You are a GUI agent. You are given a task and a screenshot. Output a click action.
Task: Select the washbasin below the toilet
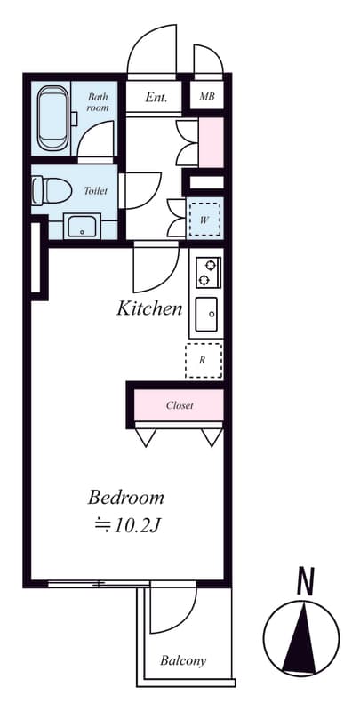82,227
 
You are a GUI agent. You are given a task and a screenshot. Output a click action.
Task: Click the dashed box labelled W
204,219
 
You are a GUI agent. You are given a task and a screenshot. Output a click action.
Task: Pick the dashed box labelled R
203,360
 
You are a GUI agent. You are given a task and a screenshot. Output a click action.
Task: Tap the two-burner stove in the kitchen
207,272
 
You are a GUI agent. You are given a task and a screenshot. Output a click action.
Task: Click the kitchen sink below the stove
207,313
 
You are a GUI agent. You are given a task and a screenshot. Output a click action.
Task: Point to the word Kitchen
149,309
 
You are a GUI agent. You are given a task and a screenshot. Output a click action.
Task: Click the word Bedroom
125,497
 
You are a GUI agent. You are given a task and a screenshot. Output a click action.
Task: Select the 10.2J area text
127,525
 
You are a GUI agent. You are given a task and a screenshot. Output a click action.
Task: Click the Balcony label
183,660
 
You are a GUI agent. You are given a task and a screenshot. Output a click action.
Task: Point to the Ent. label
157,97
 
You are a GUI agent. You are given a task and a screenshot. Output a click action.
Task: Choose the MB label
206,97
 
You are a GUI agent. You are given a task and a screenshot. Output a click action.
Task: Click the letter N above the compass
306,582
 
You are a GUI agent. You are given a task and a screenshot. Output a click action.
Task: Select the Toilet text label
95,191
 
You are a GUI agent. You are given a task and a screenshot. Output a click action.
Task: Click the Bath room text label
98,102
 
